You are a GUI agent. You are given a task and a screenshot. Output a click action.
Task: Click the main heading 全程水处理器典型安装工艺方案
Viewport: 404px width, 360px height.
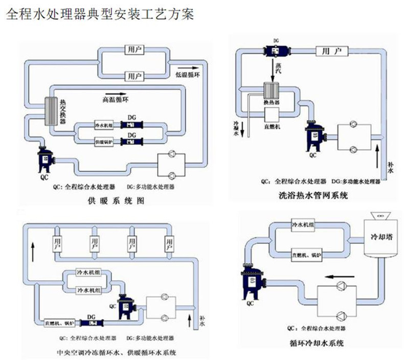tap(99, 14)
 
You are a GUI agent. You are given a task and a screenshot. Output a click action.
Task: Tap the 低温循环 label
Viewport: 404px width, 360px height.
tap(188, 74)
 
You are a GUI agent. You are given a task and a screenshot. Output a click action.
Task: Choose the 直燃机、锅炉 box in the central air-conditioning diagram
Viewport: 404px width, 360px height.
tap(60, 323)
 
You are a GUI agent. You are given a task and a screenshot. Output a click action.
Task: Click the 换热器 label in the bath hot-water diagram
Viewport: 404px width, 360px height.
tap(271, 102)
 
